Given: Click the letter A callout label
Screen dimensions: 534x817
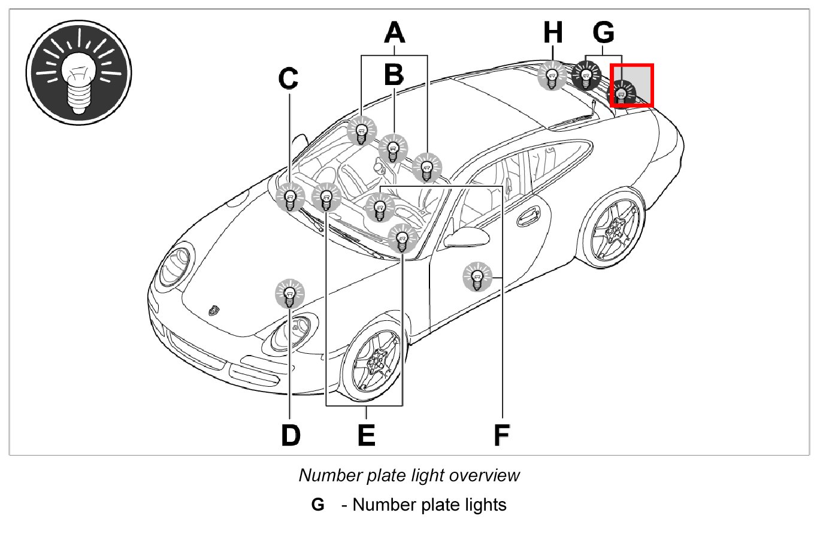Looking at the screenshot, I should click(394, 32).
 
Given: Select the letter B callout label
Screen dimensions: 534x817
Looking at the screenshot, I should click(394, 75).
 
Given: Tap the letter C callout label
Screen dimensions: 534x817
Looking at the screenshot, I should click(289, 77).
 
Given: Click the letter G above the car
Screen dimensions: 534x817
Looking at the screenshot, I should click(604, 33).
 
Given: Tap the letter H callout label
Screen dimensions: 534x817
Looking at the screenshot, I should click(553, 34).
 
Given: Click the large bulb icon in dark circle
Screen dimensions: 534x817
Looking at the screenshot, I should click(78, 74).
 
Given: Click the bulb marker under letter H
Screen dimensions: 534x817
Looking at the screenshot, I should click(552, 76).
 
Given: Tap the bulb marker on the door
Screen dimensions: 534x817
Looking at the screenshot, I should click(477, 277).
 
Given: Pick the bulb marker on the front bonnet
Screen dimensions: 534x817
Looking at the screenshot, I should click(290, 294).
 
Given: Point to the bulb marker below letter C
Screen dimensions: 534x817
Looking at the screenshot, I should click(291, 198).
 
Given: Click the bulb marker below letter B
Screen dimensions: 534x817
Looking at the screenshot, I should click(393, 148).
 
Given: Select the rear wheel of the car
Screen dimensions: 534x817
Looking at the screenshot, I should click(613, 229).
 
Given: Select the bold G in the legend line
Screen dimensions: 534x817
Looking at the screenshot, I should click(318, 505).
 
